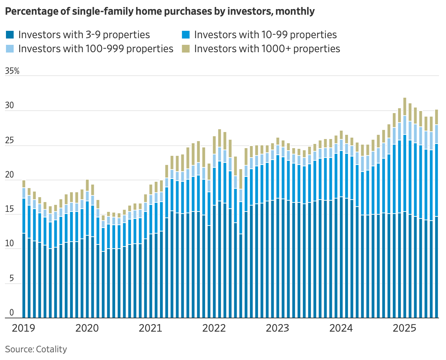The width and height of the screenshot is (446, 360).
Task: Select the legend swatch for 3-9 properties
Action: [10, 35]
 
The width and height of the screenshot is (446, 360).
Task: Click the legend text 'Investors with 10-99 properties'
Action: [265, 35]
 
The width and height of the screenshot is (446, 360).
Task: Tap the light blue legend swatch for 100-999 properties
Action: [10, 48]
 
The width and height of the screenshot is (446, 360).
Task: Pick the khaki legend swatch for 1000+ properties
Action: [186, 48]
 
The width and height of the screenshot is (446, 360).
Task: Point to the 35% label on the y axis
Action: [12, 71]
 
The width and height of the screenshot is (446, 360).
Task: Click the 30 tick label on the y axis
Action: [9, 106]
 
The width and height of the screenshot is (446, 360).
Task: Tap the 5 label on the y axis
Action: [12, 279]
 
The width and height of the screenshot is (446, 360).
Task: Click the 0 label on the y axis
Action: [12, 313]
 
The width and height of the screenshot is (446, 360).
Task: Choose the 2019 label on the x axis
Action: [23, 328]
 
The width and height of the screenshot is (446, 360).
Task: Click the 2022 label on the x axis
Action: [214, 328]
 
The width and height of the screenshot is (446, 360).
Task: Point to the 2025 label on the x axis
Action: [404, 328]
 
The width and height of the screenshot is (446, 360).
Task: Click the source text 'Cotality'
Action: [51, 349]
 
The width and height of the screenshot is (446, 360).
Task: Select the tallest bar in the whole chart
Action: [405, 210]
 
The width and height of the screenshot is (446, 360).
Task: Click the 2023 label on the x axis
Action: [277, 328]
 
